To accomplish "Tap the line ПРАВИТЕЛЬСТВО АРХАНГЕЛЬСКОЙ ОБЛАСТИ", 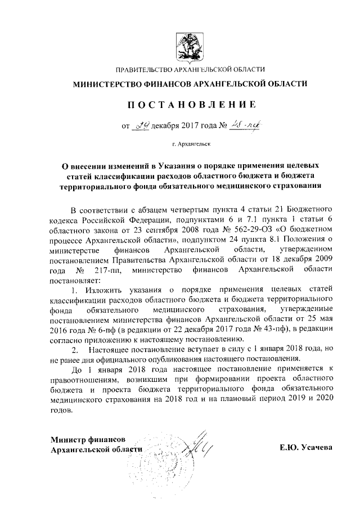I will click(190, 70).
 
